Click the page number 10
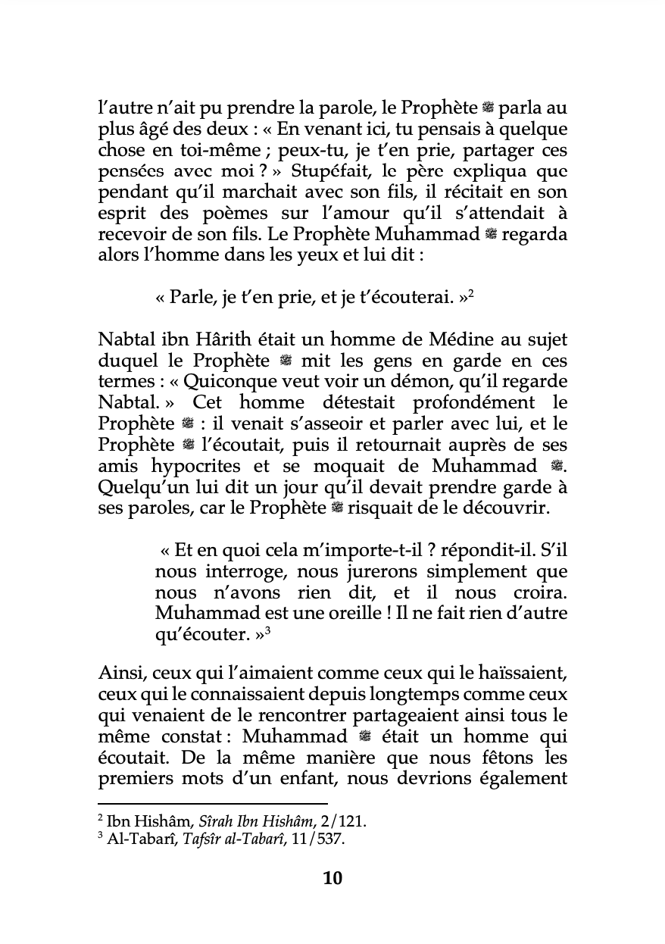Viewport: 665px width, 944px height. tap(332, 878)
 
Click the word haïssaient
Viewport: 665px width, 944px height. tap(517, 674)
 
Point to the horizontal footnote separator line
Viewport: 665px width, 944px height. tap(213, 803)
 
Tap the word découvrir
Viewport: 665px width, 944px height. tap(501, 507)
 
